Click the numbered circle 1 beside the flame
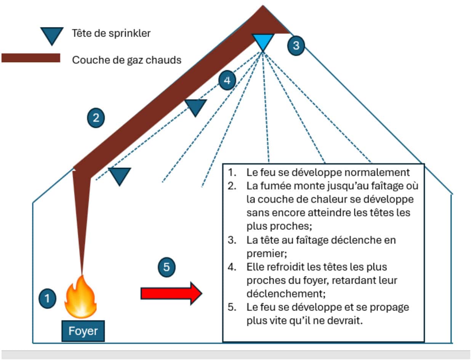47,298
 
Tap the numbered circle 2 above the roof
96,118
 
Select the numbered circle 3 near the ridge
296,45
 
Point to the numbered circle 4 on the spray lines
227,81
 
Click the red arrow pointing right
171,293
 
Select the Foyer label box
83,331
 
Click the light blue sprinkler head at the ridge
263,41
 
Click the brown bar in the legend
31,58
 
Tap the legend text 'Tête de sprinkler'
111,33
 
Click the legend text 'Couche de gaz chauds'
127,60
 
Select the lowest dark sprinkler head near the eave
119,175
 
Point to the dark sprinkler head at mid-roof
195,107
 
